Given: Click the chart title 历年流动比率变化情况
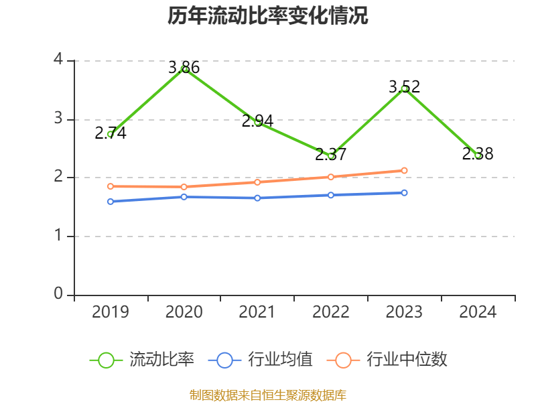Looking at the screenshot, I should click(x=268, y=15).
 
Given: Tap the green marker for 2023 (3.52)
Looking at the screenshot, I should click(x=405, y=88).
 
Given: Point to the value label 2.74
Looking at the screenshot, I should click(x=111, y=133).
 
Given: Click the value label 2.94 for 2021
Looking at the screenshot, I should click(x=257, y=121).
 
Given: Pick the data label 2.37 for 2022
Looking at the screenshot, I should click(x=331, y=155).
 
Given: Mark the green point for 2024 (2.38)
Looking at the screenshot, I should click(x=478, y=155).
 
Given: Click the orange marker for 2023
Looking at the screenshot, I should click(x=405, y=170).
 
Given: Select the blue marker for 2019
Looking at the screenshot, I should click(x=111, y=201).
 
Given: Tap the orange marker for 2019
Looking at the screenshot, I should click(x=111, y=186).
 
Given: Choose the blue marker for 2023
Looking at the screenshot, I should click(x=405, y=193).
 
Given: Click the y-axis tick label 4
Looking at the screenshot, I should click(x=58, y=60).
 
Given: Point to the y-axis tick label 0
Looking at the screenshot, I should click(x=58, y=294).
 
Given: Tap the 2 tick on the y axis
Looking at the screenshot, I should click(x=58, y=177).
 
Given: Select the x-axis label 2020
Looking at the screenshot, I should click(x=184, y=312).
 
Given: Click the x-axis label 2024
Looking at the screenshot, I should click(x=478, y=312).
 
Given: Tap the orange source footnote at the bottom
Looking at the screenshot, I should click(x=268, y=395).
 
